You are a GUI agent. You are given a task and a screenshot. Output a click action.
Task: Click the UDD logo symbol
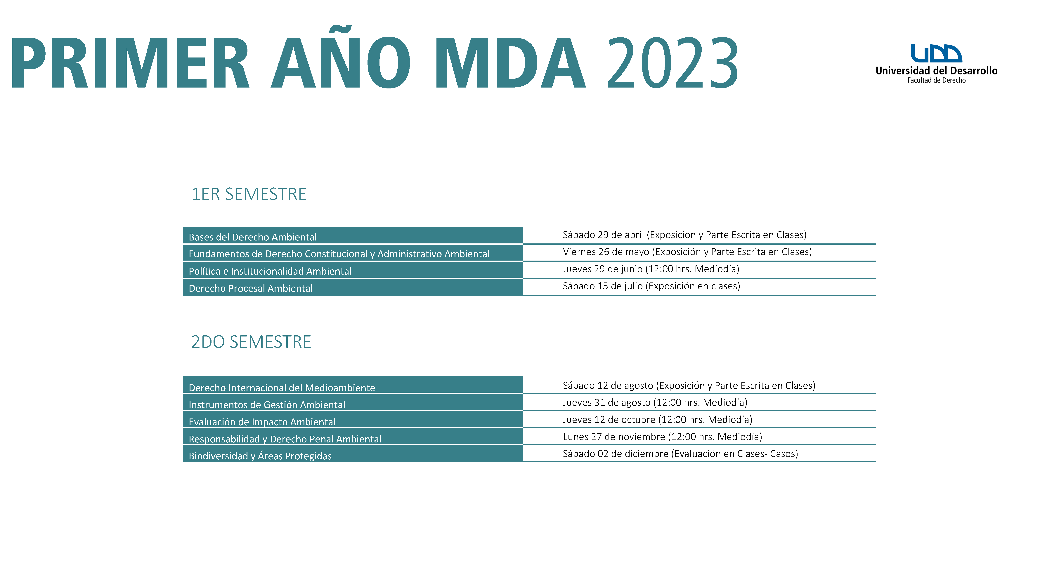click(936, 53)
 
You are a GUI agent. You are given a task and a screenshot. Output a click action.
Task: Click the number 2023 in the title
click(673, 62)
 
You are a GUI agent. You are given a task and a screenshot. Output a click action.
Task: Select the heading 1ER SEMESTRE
click(249, 194)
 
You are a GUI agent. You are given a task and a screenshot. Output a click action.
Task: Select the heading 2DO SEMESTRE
click(251, 342)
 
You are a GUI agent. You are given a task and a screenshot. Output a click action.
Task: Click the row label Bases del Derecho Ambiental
click(253, 237)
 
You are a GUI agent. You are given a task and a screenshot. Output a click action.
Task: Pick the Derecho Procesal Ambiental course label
click(251, 288)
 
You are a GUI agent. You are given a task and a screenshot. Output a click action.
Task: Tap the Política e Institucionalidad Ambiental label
click(270, 271)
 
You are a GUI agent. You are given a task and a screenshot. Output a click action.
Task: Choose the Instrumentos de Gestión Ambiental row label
click(267, 405)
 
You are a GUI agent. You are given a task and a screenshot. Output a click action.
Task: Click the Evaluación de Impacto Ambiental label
click(262, 422)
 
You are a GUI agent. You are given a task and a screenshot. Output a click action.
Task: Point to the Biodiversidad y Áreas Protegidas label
click(260, 456)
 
